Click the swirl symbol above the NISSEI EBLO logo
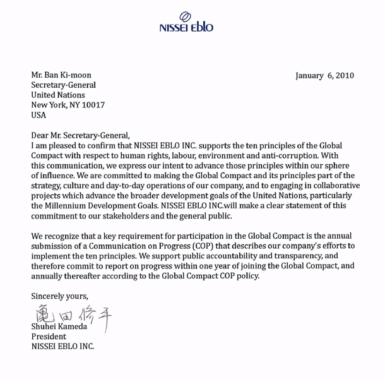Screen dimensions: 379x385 (x=186, y=17)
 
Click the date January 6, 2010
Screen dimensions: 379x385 (x=324, y=75)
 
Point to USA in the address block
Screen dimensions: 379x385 (x=39, y=116)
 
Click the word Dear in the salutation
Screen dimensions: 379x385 (x=42, y=135)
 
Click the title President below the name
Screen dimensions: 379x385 (x=49, y=337)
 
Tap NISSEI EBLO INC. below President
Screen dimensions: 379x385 (x=63, y=347)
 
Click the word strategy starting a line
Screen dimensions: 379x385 (x=47, y=185)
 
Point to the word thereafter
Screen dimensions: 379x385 (x=88, y=276)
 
